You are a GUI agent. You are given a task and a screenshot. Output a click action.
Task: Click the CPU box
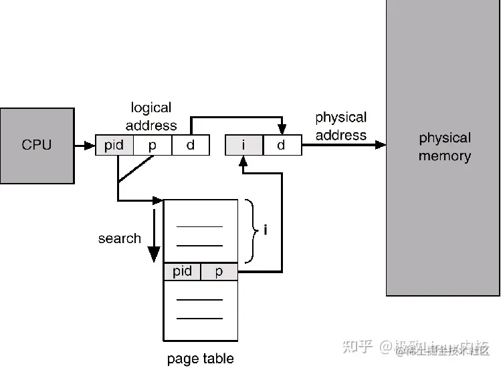click(x=37, y=144)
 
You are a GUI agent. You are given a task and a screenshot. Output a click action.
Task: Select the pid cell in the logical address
click(x=114, y=145)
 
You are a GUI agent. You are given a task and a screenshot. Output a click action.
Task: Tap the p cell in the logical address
click(x=153, y=145)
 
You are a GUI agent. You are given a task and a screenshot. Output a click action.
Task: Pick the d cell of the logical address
click(x=191, y=145)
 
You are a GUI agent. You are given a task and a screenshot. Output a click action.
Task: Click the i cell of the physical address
click(x=243, y=145)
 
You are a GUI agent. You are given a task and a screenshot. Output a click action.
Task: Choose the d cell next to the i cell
click(x=282, y=145)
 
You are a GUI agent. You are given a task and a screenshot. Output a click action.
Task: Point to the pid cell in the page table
click(x=182, y=271)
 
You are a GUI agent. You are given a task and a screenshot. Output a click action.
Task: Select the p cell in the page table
click(x=219, y=271)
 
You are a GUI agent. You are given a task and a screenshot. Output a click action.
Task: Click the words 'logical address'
click(x=151, y=116)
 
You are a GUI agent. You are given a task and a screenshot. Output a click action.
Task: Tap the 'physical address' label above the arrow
click(x=340, y=126)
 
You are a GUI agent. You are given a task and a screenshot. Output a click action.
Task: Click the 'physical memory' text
click(x=445, y=147)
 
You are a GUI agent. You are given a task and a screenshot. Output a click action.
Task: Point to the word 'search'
click(x=119, y=238)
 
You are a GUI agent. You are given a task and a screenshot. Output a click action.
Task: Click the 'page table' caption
click(x=201, y=359)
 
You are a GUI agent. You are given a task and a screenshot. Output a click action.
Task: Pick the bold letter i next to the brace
click(x=266, y=230)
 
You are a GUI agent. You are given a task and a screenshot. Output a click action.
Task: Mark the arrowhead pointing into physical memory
click(x=381, y=145)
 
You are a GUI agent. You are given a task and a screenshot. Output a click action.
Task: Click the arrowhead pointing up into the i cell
click(x=243, y=160)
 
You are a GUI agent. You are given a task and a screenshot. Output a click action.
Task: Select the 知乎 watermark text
click(x=357, y=347)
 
